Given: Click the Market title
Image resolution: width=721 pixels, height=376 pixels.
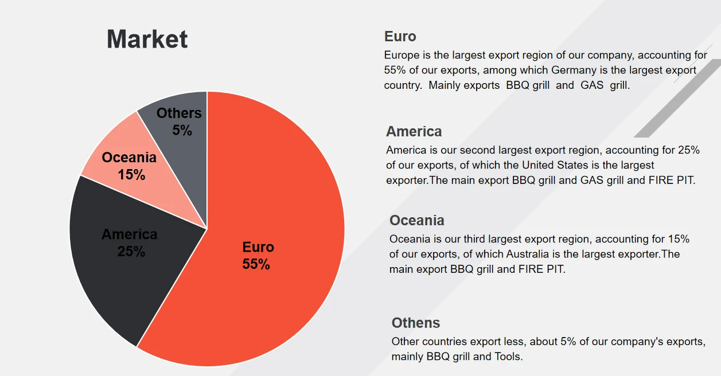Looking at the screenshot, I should [x=147, y=40].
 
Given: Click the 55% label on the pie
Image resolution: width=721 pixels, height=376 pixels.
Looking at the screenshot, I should [x=256, y=264].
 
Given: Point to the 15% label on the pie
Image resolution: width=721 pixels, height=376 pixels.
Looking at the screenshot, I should [x=131, y=175].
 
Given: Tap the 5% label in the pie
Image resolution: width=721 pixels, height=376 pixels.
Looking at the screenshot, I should [x=182, y=131].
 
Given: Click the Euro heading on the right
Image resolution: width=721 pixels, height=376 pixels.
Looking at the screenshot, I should [x=400, y=37].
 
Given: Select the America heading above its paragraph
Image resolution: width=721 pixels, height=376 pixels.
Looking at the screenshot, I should [x=414, y=131].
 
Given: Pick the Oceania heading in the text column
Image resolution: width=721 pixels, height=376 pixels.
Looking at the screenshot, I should [x=416, y=220].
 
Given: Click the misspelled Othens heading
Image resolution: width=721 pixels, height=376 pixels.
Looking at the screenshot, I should [x=416, y=323].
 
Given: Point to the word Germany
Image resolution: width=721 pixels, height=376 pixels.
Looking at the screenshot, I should [x=574, y=70].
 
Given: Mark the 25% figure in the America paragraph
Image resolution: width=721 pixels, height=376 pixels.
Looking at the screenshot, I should [x=688, y=150].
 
